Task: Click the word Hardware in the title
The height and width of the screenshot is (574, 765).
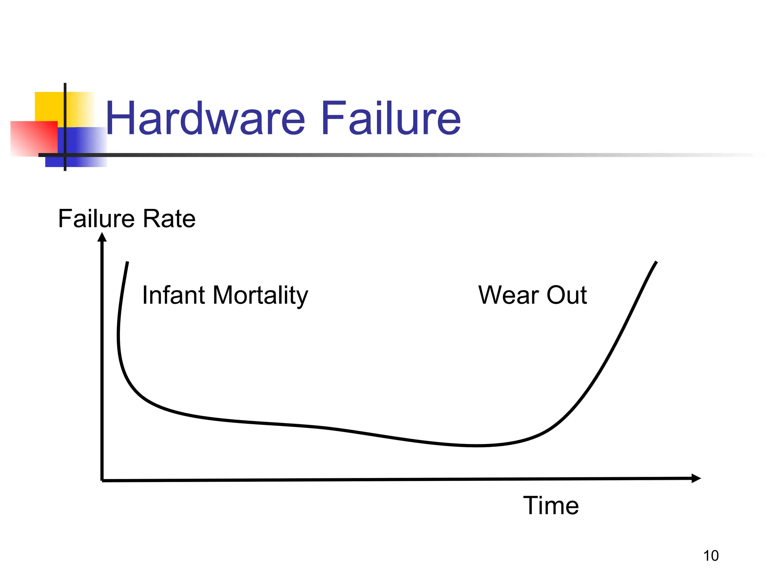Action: point(205,119)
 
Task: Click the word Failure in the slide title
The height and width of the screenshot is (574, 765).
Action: point(391,119)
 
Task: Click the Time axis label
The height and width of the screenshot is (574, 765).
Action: point(551,506)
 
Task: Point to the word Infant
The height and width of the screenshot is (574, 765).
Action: point(174,295)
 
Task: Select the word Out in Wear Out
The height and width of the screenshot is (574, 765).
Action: point(567,295)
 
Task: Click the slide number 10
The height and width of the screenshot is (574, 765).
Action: point(711,556)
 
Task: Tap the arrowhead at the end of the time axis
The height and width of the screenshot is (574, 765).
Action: point(696,478)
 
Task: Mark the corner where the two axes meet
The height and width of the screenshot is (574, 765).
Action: point(102,480)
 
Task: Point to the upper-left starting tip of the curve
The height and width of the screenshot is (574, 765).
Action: point(128,262)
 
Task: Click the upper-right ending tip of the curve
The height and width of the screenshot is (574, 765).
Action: point(656,262)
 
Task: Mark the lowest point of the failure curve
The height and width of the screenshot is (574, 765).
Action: point(476,446)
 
